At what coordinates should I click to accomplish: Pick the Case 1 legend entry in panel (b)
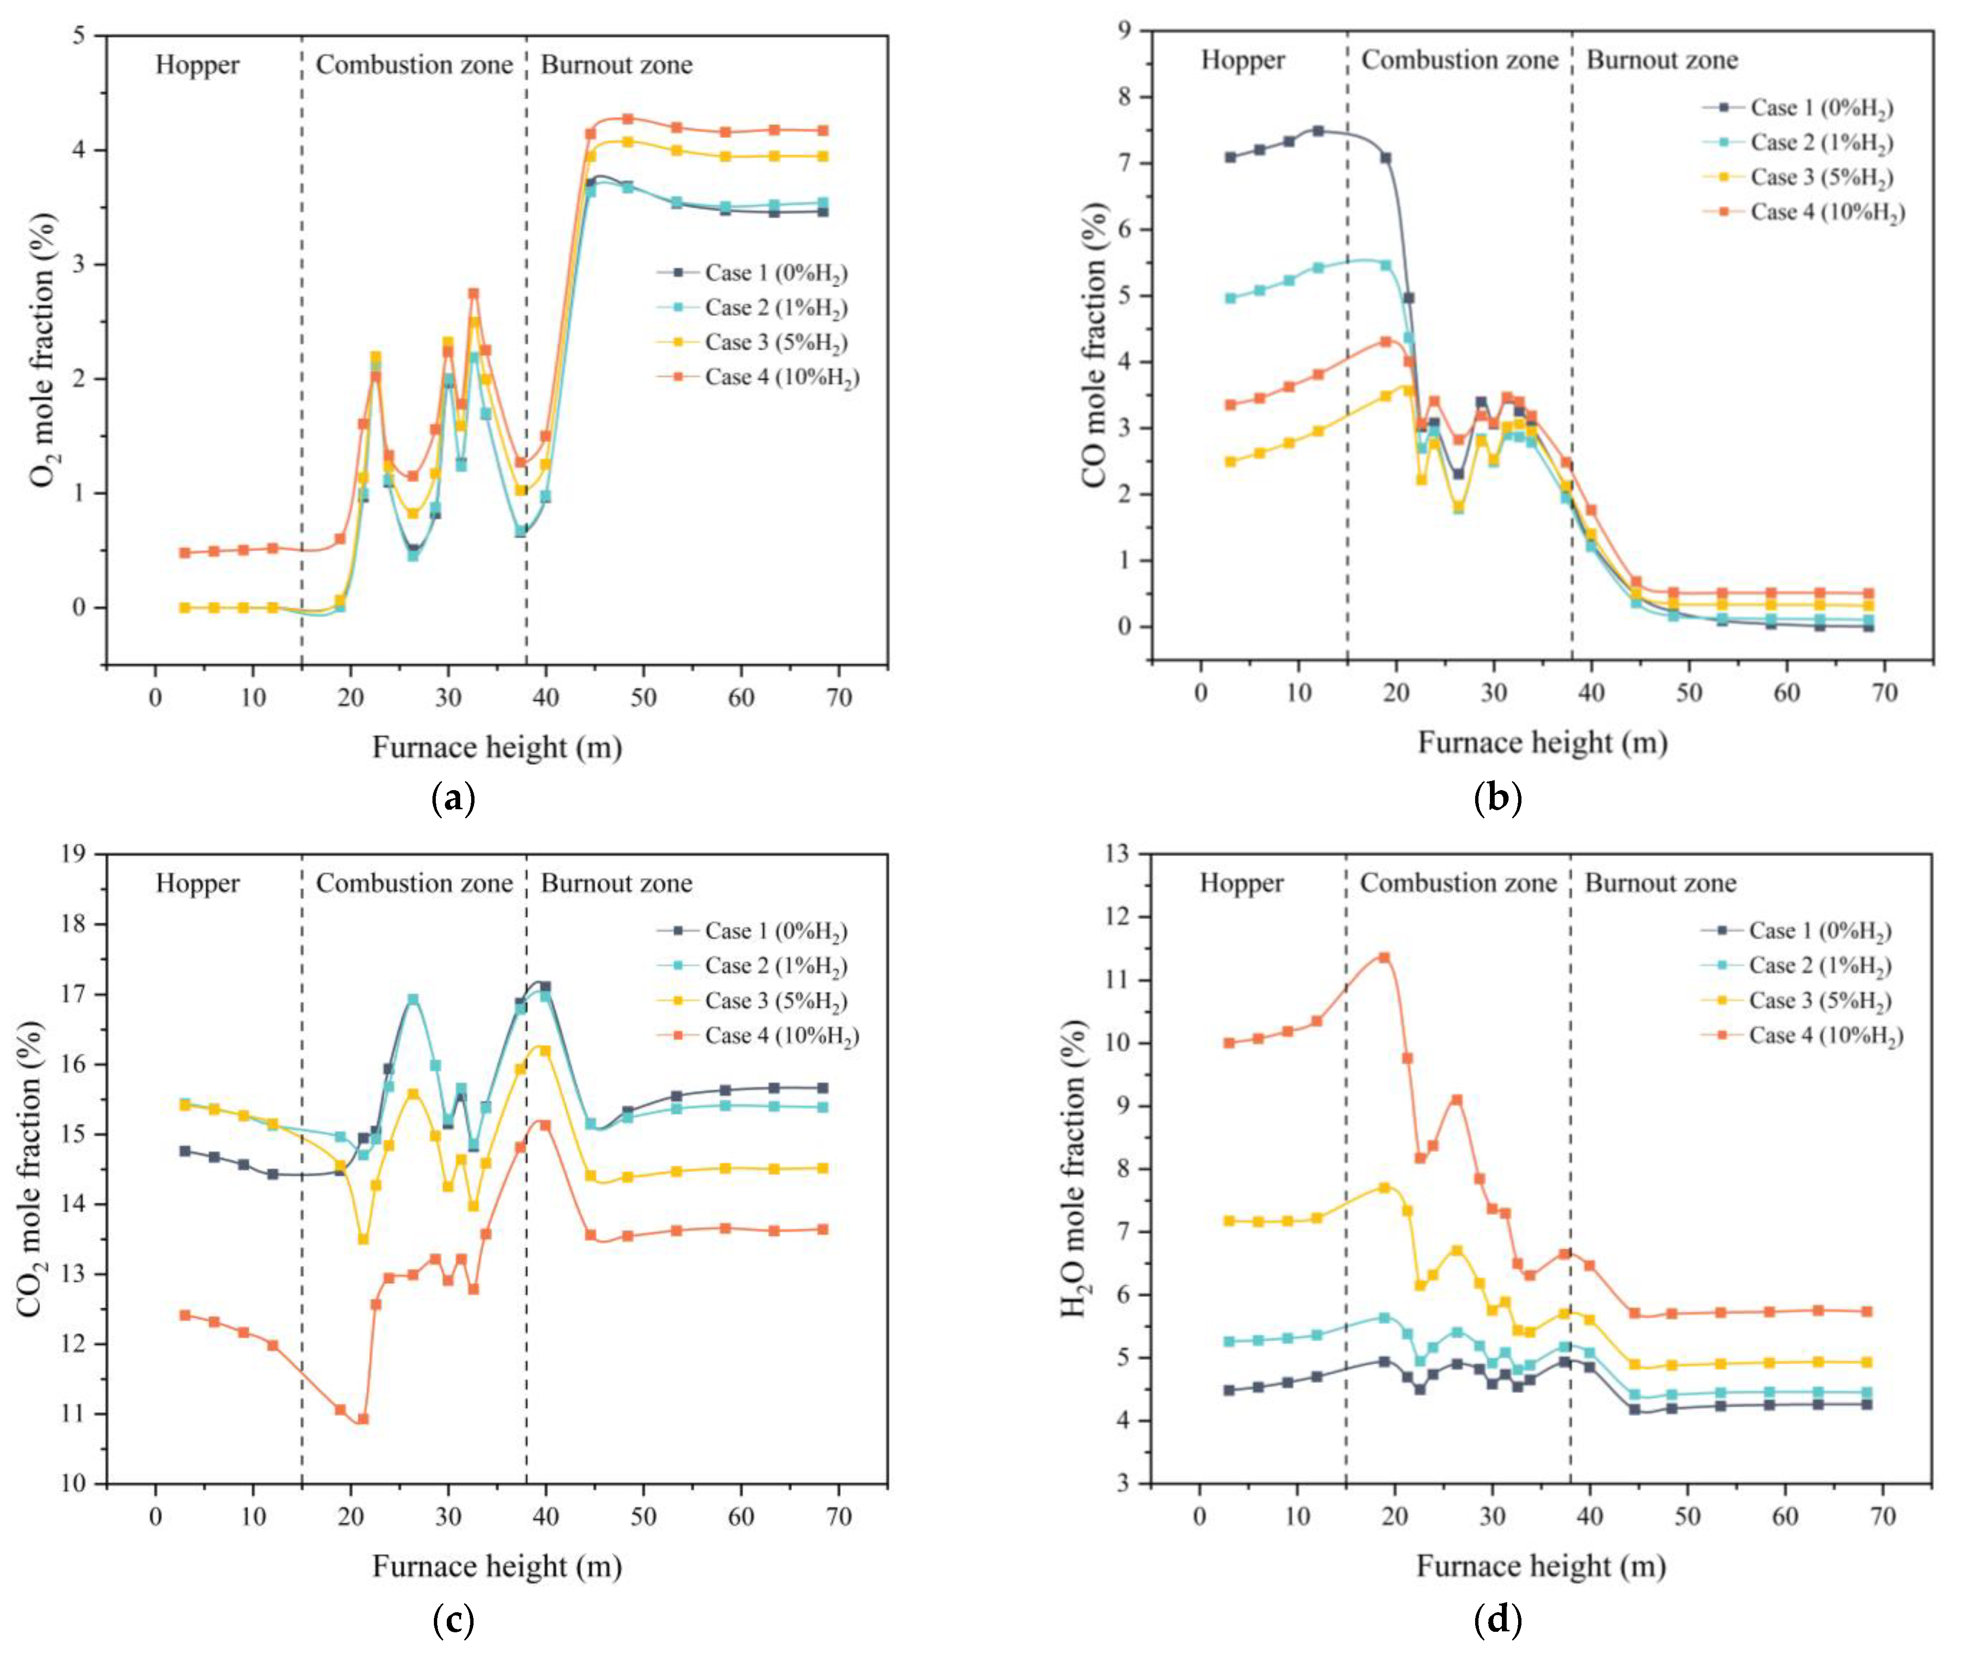point(1820,108)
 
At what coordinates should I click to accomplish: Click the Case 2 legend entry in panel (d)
point(1819,965)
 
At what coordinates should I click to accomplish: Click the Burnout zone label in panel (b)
point(1662,60)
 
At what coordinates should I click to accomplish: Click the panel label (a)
point(453,799)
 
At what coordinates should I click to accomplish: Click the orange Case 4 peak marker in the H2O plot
point(1384,958)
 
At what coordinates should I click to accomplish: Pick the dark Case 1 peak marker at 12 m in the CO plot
point(1318,131)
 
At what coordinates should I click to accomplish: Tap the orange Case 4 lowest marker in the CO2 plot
point(363,1419)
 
